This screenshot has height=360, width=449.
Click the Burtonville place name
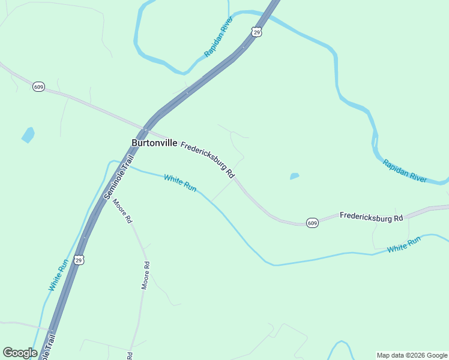(x=154, y=143)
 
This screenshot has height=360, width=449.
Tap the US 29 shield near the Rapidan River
(x=256, y=32)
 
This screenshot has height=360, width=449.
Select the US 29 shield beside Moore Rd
(x=79, y=260)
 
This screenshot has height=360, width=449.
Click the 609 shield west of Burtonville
(x=38, y=87)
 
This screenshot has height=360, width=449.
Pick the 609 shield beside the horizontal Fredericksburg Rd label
(x=312, y=223)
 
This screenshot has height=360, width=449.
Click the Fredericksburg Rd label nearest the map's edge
(x=371, y=217)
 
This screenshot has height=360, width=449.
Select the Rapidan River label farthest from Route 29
(x=405, y=171)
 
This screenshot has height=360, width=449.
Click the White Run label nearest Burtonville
(x=180, y=182)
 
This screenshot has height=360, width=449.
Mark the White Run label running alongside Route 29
(x=58, y=275)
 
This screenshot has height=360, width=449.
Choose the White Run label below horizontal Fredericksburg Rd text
(x=404, y=244)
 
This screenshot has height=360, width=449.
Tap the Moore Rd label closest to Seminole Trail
(x=122, y=210)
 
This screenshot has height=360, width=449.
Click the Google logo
(x=20, y=353)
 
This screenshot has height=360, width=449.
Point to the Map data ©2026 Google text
(x=412, y=355)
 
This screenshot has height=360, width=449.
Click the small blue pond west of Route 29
(x=28, y=135)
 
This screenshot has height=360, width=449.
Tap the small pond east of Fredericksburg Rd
(x=294, y=176)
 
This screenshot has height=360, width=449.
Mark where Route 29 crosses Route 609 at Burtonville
(x=145, y=130)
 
